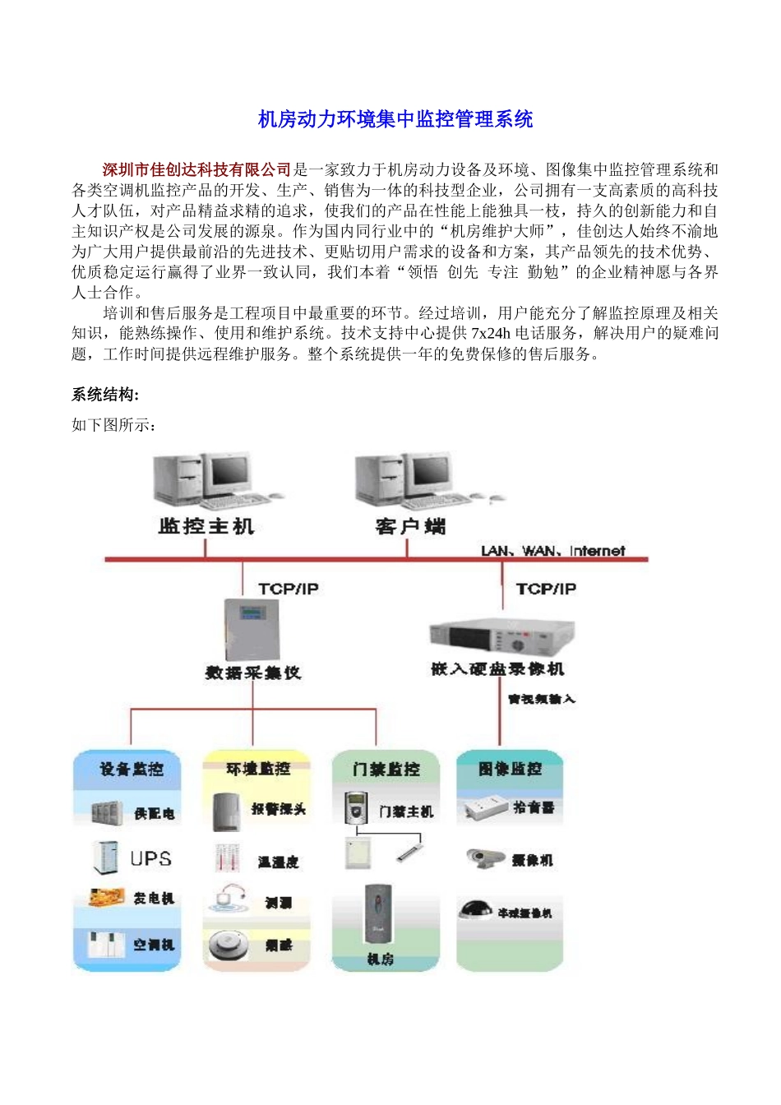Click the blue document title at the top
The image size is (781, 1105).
(395, 120)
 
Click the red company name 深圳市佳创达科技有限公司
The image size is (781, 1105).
(197, 170)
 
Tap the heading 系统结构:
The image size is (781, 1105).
(105, 395)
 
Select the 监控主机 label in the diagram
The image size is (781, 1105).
(206, 526)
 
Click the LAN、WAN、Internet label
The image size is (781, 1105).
(552, 551)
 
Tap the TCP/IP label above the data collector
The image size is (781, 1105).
(288, 589)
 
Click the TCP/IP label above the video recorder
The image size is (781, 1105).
(546, 589)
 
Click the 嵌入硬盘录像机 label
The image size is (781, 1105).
(497, 669)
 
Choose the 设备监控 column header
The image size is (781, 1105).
(132, 770)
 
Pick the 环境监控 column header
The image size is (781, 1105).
(258, 769)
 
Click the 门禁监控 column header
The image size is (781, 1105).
(386, 770)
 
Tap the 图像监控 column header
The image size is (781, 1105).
(511, 770)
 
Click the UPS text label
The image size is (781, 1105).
(151, 859)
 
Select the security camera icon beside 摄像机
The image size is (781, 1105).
(485, 858)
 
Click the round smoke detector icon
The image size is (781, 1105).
(228, 945)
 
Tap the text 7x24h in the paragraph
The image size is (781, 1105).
(491, 334)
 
